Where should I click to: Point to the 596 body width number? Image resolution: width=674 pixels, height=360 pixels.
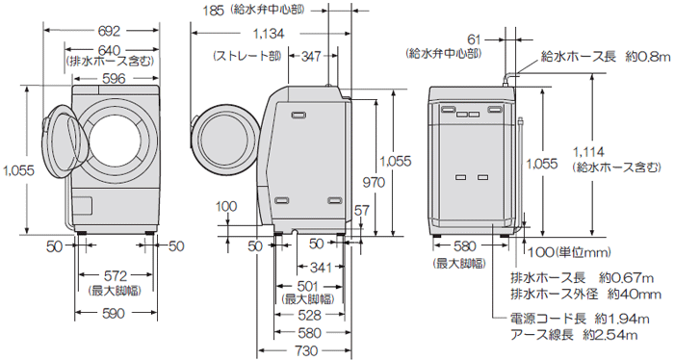click(114, 79)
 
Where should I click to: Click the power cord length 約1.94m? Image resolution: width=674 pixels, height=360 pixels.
click(626, 319)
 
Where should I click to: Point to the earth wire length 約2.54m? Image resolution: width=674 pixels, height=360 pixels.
click(626, 334)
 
